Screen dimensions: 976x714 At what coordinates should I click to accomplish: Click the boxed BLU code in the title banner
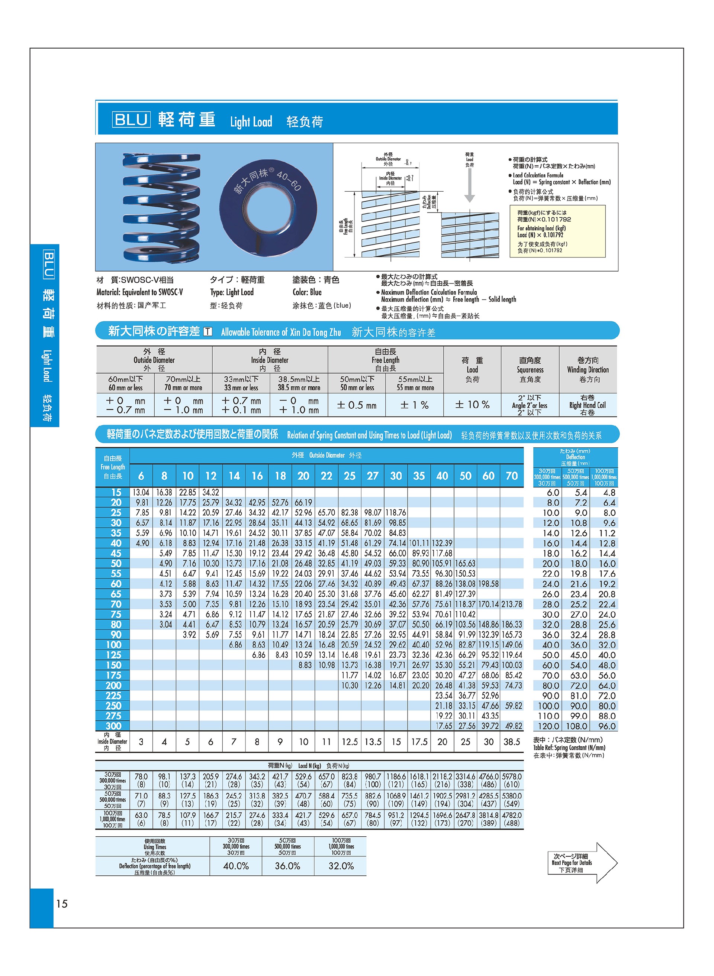(131, 119)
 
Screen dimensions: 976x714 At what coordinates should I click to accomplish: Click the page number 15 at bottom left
(62, 904)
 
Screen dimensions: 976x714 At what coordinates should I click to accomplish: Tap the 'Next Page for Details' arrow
(582, 862)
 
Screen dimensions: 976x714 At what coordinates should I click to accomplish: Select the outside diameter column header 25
(349, 476)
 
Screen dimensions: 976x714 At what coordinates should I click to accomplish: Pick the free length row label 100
(114, 645)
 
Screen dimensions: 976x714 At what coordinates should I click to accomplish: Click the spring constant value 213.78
(512, 604)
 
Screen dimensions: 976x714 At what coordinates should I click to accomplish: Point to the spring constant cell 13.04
(141, 492)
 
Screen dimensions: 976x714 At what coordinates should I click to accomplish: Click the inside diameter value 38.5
(512, 742)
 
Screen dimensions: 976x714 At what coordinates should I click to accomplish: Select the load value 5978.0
(512, 776)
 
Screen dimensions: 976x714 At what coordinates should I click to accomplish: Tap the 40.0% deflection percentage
(236, 866)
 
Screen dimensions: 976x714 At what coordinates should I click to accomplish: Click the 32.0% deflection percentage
(341, 866)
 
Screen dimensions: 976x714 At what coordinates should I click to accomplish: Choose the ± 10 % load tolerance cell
(472, 405)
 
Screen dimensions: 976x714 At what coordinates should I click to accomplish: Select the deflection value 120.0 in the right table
(549, 726)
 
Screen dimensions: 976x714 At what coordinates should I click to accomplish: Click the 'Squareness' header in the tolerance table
(530, 370)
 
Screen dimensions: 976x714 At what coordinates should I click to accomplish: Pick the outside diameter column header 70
(512, 476)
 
